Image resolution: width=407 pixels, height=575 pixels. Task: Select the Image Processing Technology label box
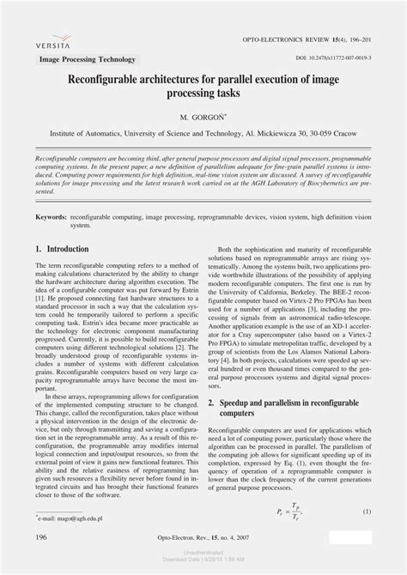click(88, 59)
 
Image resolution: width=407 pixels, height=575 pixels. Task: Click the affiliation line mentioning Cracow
click(203, 134)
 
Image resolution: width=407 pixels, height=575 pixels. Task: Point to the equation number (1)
click(367, 536)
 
